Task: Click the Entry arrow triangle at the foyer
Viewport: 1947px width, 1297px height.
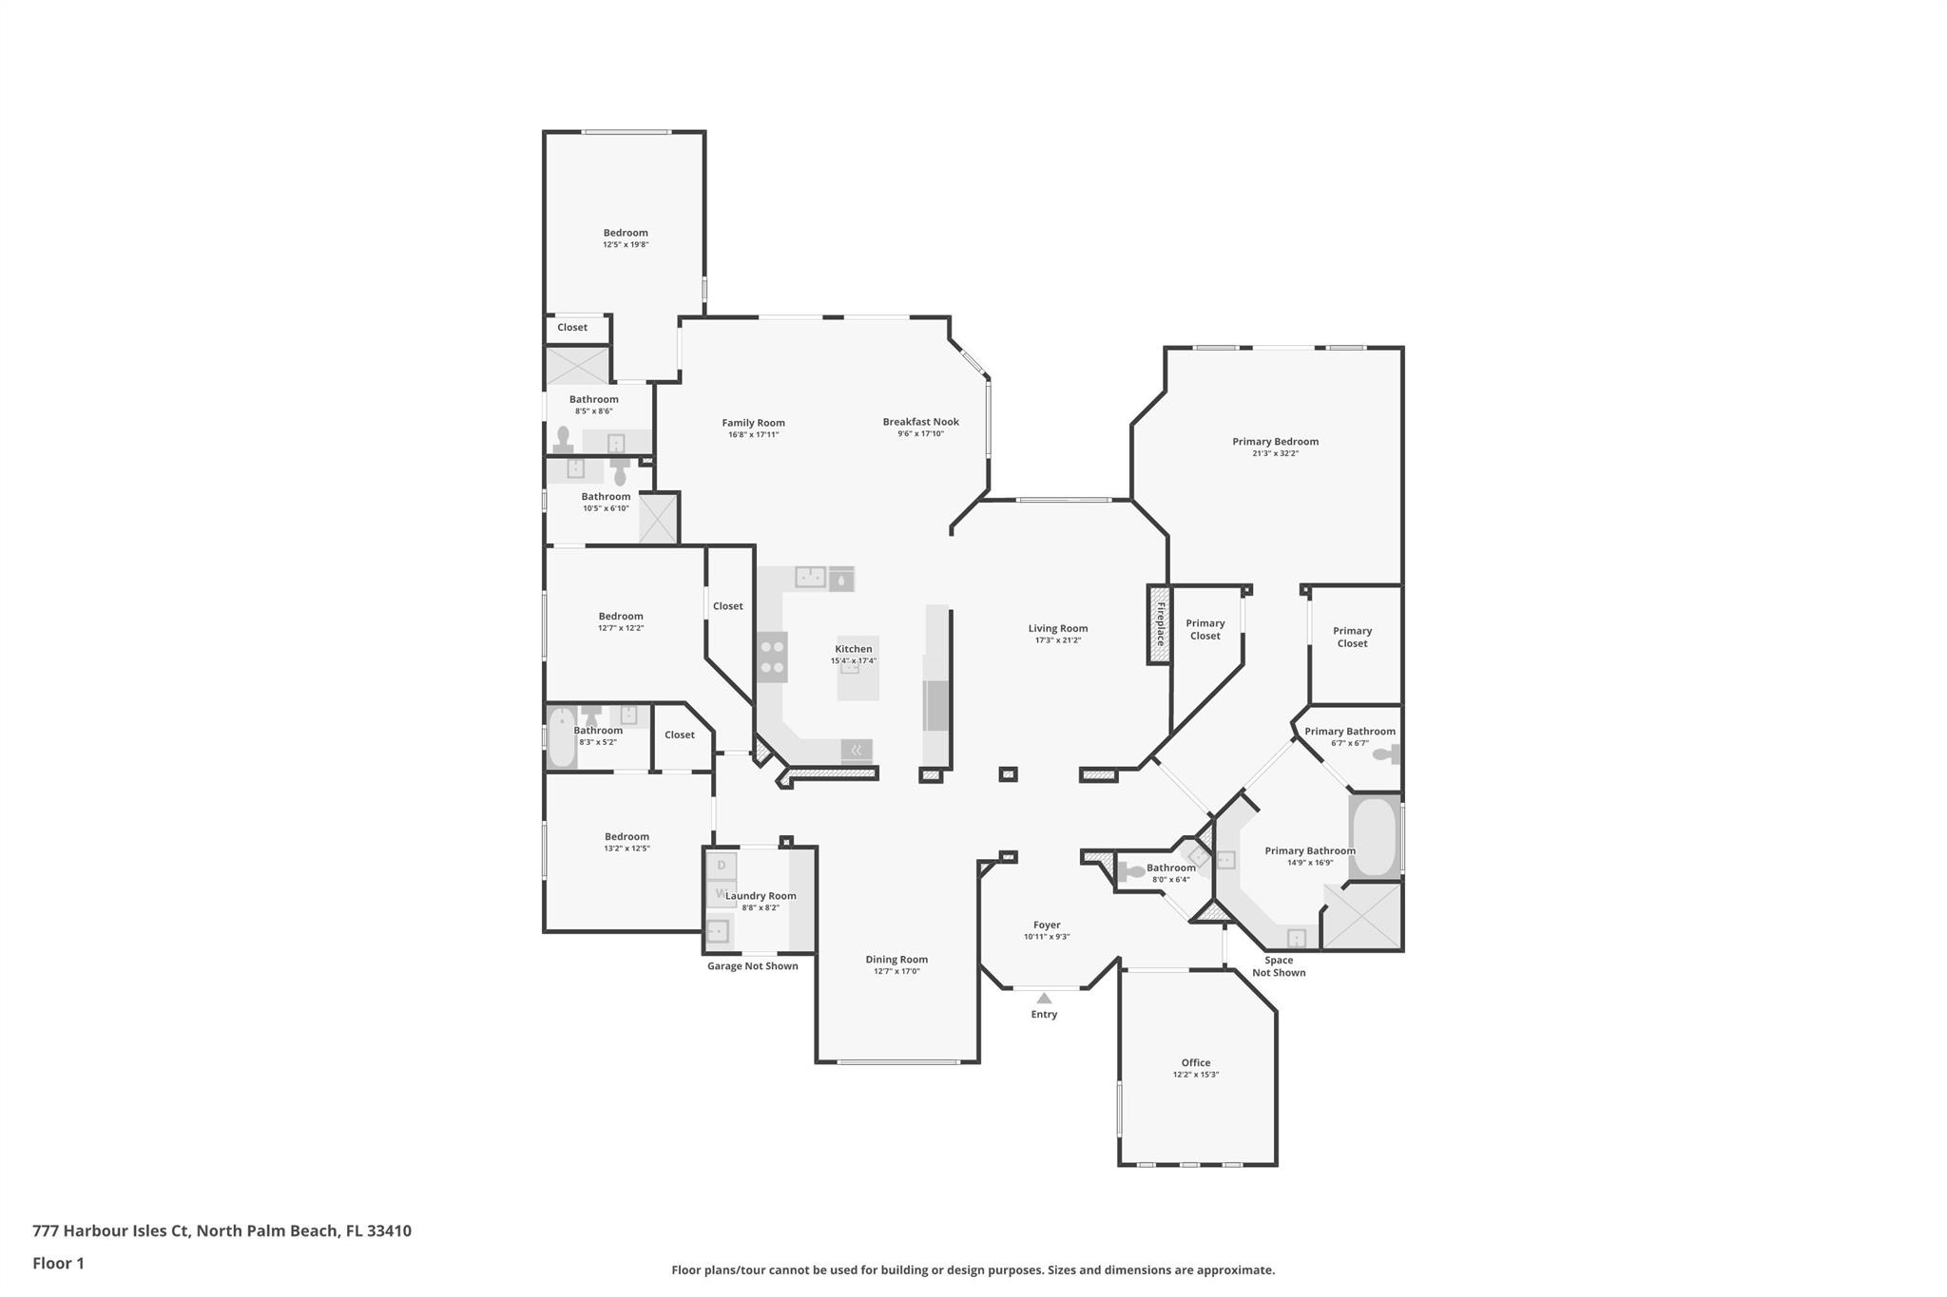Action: [x=1044, y=998]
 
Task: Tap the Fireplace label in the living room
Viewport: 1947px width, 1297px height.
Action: [x=1159, y=624]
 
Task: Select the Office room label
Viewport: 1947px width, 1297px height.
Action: [x=1195, y=1062]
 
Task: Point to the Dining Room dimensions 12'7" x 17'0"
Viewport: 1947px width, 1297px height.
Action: [x=896, y=971]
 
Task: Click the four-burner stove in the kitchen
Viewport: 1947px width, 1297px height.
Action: [x=772, y=657]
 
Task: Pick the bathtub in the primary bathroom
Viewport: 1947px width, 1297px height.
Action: [x=1373, y=836]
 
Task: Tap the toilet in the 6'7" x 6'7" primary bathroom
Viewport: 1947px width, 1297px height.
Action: [x=1386, y=754]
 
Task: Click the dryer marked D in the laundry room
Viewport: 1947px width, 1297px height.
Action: [x=722, y=865]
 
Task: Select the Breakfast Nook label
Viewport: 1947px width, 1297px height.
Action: [x=920, y=422]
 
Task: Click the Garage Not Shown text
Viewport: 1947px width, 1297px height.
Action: [x=752, y=966]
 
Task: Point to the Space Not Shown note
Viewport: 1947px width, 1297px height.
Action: [x=1278, y=966]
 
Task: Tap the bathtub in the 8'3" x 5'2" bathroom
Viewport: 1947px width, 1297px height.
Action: [x=561, y=737]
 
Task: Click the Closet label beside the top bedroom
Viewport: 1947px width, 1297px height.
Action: [x=572, y=328]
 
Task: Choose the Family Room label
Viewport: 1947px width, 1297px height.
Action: [x=753, y=423]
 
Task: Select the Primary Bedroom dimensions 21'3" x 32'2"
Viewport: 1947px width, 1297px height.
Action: [x=1275, y=453]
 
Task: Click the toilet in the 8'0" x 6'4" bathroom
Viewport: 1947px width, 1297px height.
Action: [x=1132, y=871]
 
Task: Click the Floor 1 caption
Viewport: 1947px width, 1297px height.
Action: [x=58, y=1264]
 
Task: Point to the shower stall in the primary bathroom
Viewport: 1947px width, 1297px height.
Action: [x=1362, y=916]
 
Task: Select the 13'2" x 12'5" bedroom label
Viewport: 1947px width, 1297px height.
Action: [x=627, y=837]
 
